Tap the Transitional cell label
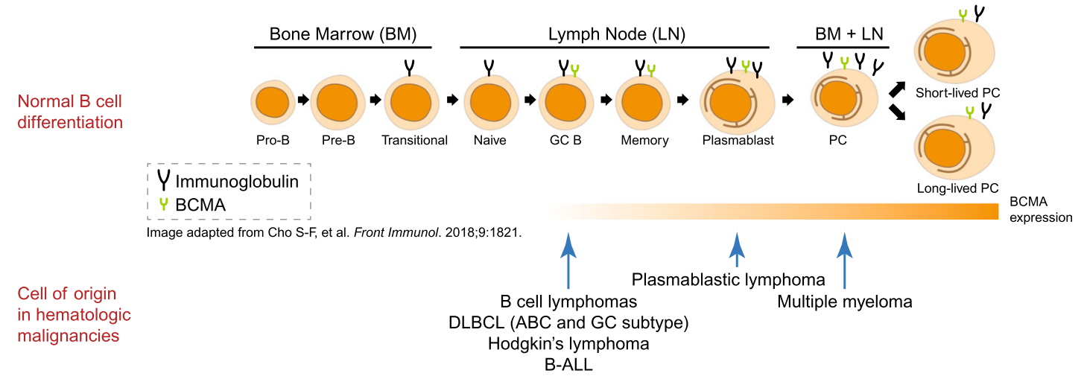414,140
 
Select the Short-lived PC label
958,94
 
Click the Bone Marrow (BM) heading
342,34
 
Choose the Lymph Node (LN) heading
616,34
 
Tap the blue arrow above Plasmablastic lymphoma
737,249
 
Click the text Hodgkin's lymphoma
568,344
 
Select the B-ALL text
568,365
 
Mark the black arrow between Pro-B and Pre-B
302,98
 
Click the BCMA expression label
1040,210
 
